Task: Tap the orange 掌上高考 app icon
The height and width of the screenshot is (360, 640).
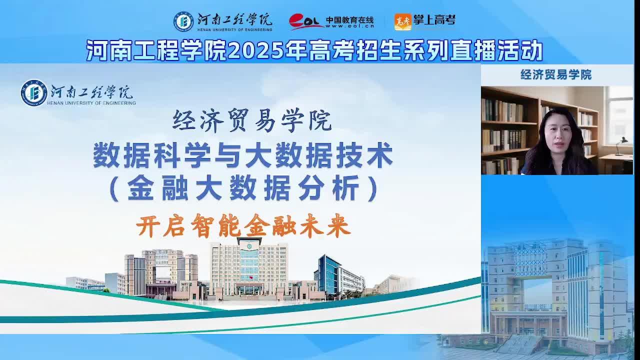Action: click(x=403, y=21)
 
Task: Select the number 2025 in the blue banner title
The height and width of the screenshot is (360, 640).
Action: click(x=255, y=50)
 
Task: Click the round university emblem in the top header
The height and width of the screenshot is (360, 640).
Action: click(x=183, y=21)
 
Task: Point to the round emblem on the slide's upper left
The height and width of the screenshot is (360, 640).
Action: click(x=34, y=93)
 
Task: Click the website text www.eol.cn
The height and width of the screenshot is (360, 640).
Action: click(x=350, y=26)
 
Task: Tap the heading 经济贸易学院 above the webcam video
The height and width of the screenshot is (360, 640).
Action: click(x=556, y=74)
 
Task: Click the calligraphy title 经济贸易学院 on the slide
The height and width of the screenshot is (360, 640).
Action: click(x=252, y=120)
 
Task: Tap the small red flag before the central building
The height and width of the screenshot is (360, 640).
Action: click(x=250, y=277)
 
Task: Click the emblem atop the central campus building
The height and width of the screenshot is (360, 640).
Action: click(x=249, y=246)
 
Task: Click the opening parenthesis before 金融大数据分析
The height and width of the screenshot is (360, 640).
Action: click(x=114, y=188)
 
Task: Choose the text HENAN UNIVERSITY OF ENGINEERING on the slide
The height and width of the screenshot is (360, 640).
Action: click(x=91, y=103)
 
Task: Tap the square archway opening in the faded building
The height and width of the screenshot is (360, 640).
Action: click(x=537, y=295)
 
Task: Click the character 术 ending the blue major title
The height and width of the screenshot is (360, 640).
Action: click(x=380, y=155)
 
